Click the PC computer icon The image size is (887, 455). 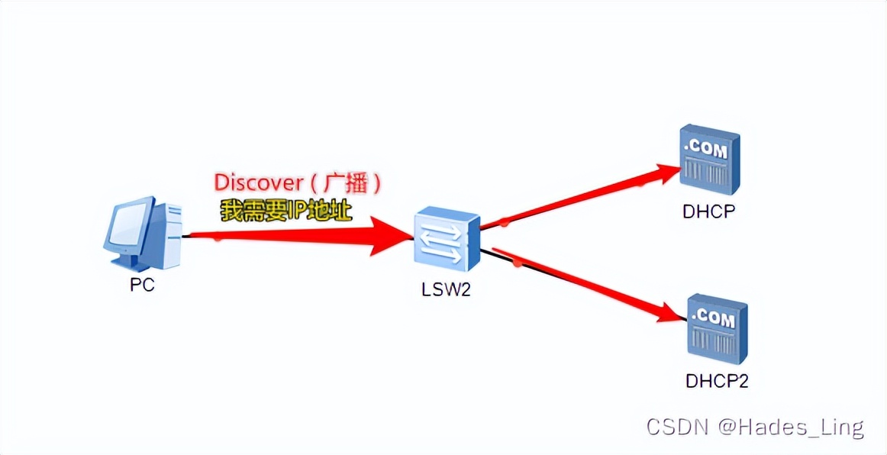[144, 236]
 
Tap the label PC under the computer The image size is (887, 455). [142, 286]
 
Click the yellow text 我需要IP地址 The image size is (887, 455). [286, 210]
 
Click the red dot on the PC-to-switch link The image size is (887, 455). [218, 238]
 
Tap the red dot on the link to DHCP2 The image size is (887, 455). [518, 264]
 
